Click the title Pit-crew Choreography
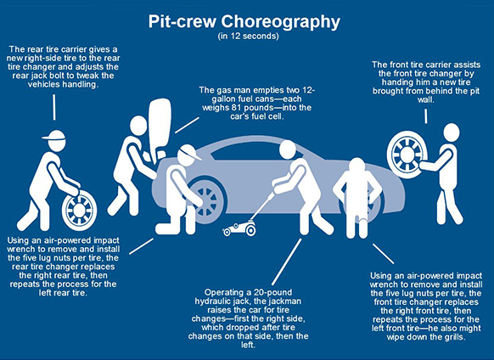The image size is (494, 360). (x=244, y=22)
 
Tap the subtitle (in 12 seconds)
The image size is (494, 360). (x=248, y=36)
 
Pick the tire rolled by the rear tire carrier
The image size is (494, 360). (x=80, y=209)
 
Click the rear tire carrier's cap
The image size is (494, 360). (x=53, y=135)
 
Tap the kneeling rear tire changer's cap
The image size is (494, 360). (x=189, y=152)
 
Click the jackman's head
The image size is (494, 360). (x=288, y=149)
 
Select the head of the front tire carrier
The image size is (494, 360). (x=452, y=132)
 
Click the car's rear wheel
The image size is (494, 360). (x=206, y=200)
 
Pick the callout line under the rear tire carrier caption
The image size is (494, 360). (x=54, y=107)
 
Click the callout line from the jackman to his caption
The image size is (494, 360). (x=286, y=262)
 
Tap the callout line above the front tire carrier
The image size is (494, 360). (x=426, y=116)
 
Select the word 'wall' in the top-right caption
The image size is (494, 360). (x=425, y=100)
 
